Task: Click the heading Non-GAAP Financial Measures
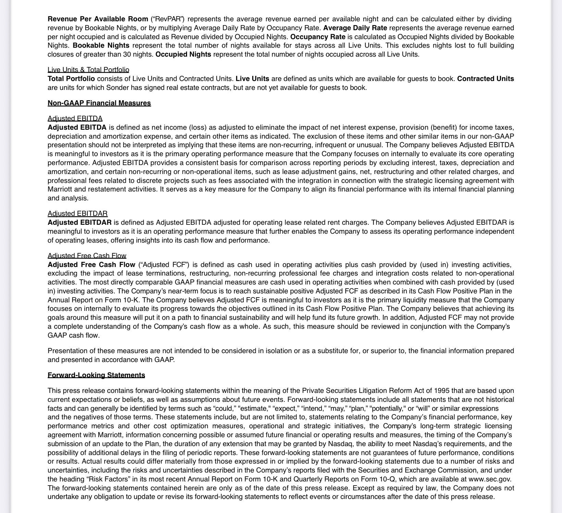tap(99, 103)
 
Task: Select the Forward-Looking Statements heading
tap(96, 375)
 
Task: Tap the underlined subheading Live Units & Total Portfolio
tap(88, 70)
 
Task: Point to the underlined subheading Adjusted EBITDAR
tap(77, 213)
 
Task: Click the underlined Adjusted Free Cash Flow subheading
tap(87, 255)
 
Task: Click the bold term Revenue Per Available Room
tap(98, 19)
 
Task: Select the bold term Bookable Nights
tap(101, 45)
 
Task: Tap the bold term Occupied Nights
tap(183, 54)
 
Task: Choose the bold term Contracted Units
tap(485, 79)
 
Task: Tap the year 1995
tap(442, 390)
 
